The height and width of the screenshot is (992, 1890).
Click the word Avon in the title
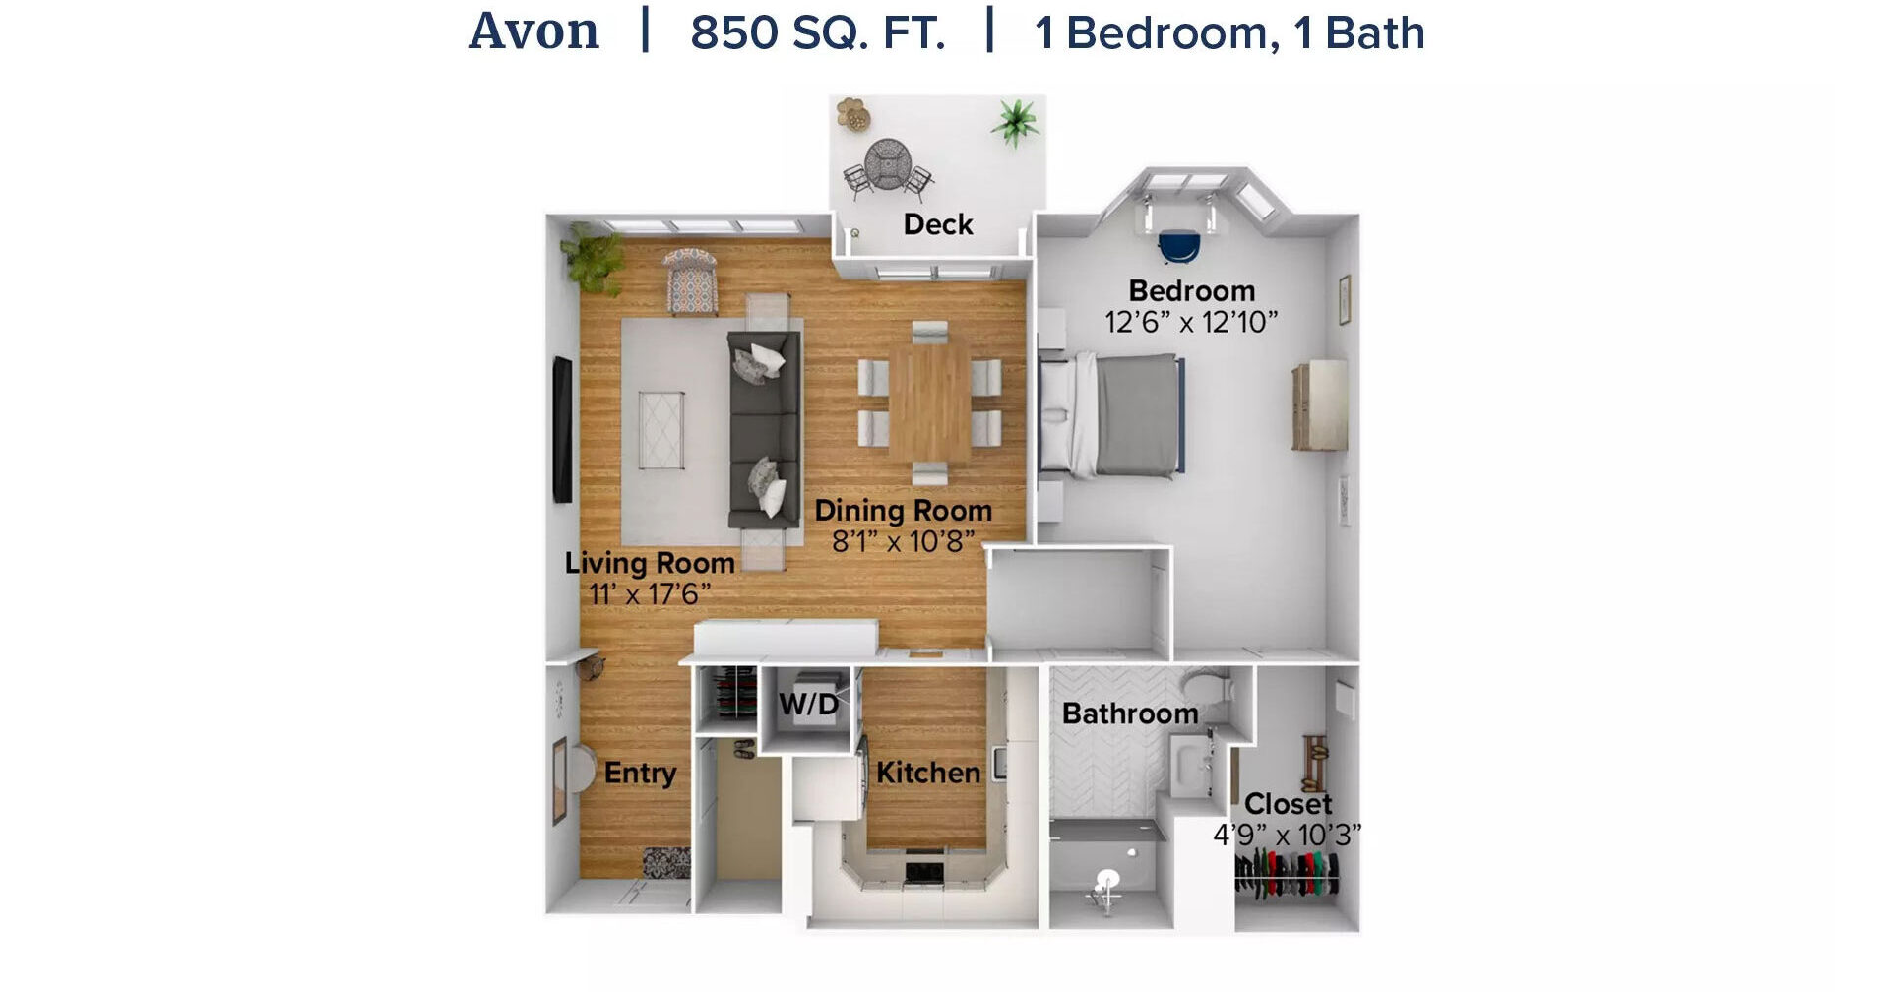pyautogui.click(x=534, y=31)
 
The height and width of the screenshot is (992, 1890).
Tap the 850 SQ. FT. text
pyautogui.click(x=818, y=32)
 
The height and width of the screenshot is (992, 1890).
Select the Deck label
pyautogui.click(x=938, y=224)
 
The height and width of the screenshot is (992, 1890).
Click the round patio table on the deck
pyautogui.click(x=888, y=163)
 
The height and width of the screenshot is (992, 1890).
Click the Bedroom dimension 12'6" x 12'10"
pyautogui.click(x=1191, y=322)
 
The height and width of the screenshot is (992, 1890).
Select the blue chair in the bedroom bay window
pyautogui.click(x=1179, y=247)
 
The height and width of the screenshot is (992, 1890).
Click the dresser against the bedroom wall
pyautogui.click(x=1320, y=405)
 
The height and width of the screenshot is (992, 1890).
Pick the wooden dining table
pyautogui.click(x=929, y=403)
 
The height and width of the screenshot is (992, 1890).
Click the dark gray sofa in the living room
pyautogui.click(x=764, y=429)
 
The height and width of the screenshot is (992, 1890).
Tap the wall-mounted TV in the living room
pyautogui.click(x=562, y=430)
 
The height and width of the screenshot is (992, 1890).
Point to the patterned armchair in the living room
pyautogui.click(x=690, y=280)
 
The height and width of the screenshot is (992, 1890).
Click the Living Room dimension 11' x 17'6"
pyautogui.click(x=650, y=594)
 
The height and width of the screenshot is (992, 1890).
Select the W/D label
pyautogui.click(x=809, y=704)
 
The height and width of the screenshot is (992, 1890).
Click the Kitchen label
pyautogui.click(x=928, y=773)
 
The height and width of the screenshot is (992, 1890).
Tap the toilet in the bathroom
pyautogui.click(x=1207, y=687)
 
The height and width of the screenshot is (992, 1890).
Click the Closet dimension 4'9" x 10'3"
pyautogui.click(x=1288, y=836)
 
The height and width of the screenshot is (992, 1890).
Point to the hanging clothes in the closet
pyautogui.click(x=1287, y=874)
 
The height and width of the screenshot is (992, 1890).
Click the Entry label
pyautogui.click(x=640, y=774)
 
